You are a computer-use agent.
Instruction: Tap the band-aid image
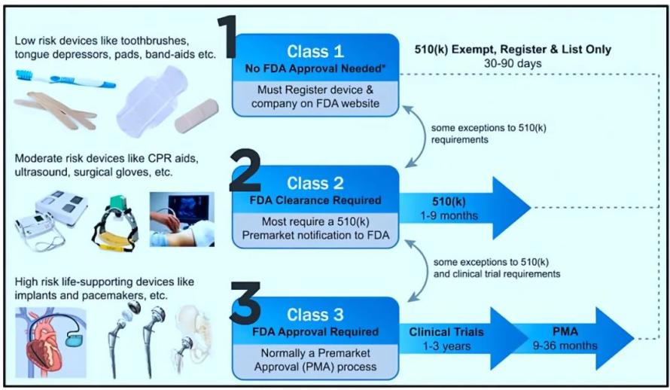196,116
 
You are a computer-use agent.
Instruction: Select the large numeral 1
227,37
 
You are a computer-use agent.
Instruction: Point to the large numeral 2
245,170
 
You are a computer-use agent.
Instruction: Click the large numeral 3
245,303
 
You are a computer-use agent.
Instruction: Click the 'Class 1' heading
315,51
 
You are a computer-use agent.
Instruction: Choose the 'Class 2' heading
315,183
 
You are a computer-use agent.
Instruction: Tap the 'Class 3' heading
315,315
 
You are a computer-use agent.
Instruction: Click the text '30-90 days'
513,64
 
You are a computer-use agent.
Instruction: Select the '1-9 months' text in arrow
449,216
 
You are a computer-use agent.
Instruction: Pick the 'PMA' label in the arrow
565,331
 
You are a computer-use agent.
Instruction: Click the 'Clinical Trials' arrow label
446,332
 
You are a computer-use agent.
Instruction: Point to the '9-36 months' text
565,345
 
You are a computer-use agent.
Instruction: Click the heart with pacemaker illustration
51,343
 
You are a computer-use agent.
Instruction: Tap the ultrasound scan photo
182,219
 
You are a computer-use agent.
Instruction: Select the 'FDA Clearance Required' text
315,200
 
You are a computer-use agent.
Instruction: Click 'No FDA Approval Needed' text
315,69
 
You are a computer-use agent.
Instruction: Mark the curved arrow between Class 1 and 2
419,137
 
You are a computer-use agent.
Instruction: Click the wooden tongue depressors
55,110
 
